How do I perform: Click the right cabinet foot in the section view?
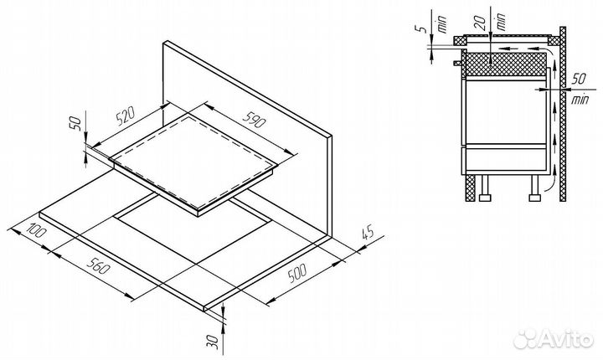[x=533, y=198]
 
